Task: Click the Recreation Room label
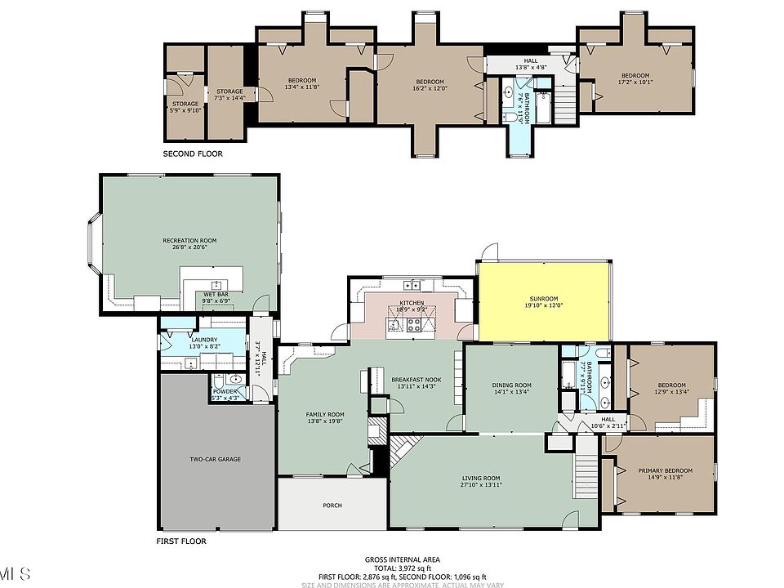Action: click(x=189, y=240)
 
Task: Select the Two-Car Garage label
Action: click(x=216, y=459)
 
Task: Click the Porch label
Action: click(x=332, y=506)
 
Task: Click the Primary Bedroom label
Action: click(x=665, y=470)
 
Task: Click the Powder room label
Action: click(x=225, y=391)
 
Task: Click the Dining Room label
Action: click(x=511, y=385)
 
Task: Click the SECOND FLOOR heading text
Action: click(x=192, y=154)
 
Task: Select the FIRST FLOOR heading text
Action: click(x=180, y=541)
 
